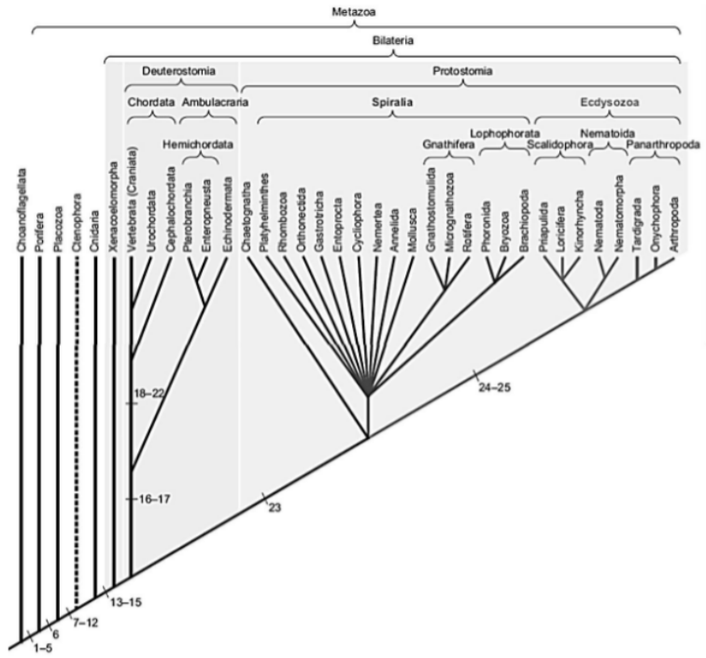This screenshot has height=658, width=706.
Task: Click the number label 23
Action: coord(274,507)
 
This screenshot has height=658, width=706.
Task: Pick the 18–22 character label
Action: coord(149,393)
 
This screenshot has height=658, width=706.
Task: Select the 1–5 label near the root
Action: coord(39,643)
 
